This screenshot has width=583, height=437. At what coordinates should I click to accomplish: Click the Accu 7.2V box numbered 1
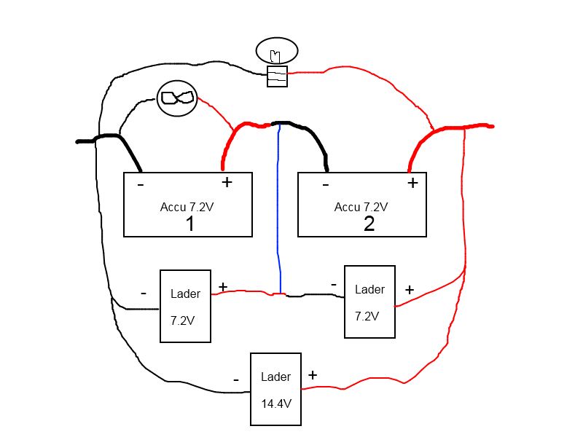tap(188, 205)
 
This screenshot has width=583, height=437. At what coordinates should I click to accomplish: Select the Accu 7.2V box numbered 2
tap(362, 205)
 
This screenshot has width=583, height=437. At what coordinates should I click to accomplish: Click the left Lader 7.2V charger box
tap(185, 305)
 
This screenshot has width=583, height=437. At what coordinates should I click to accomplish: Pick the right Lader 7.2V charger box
tap(369, 302)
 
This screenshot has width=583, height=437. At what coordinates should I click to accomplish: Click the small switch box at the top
tap(277, 76)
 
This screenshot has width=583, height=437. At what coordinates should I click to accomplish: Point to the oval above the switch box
tap(277, 52)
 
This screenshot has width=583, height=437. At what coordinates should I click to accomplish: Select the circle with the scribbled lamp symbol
tap(178, 98)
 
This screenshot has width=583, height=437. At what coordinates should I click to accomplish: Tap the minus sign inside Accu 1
tap(141, 184)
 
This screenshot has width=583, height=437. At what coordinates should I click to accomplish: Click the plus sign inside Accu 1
tap(227, 182)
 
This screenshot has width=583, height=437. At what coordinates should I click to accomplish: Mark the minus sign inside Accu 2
tap(324, 184)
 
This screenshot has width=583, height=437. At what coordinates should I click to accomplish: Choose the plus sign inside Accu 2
tap(412, 183)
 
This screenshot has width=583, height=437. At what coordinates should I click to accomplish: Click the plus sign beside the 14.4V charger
tap(313, 375)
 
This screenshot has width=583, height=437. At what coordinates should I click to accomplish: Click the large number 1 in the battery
tap(189, 223)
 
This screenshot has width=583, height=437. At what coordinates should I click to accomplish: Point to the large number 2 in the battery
tap(369, 223)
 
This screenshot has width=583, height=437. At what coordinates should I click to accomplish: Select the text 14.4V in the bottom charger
tap(276, 401)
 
